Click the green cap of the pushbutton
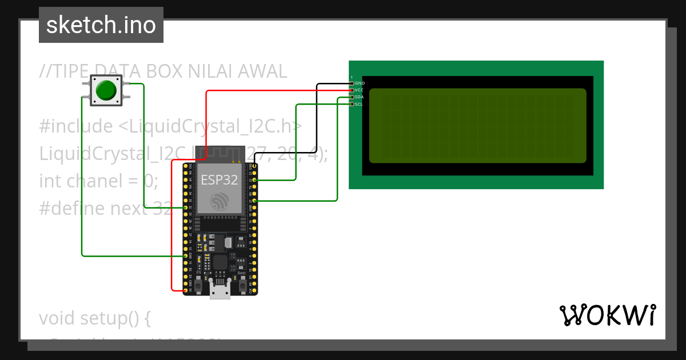point(106,90)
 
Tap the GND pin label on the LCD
point(359,83)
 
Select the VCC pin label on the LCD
point(359,90)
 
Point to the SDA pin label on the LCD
point(359,97)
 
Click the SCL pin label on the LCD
point(359,104)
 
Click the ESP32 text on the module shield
point(220,180)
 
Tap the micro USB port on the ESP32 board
point(220,293)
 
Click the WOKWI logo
point(607,315)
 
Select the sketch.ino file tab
point(101,25)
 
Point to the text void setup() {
point(95,318)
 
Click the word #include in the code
point(76,126)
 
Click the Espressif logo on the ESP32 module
point(220,201)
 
